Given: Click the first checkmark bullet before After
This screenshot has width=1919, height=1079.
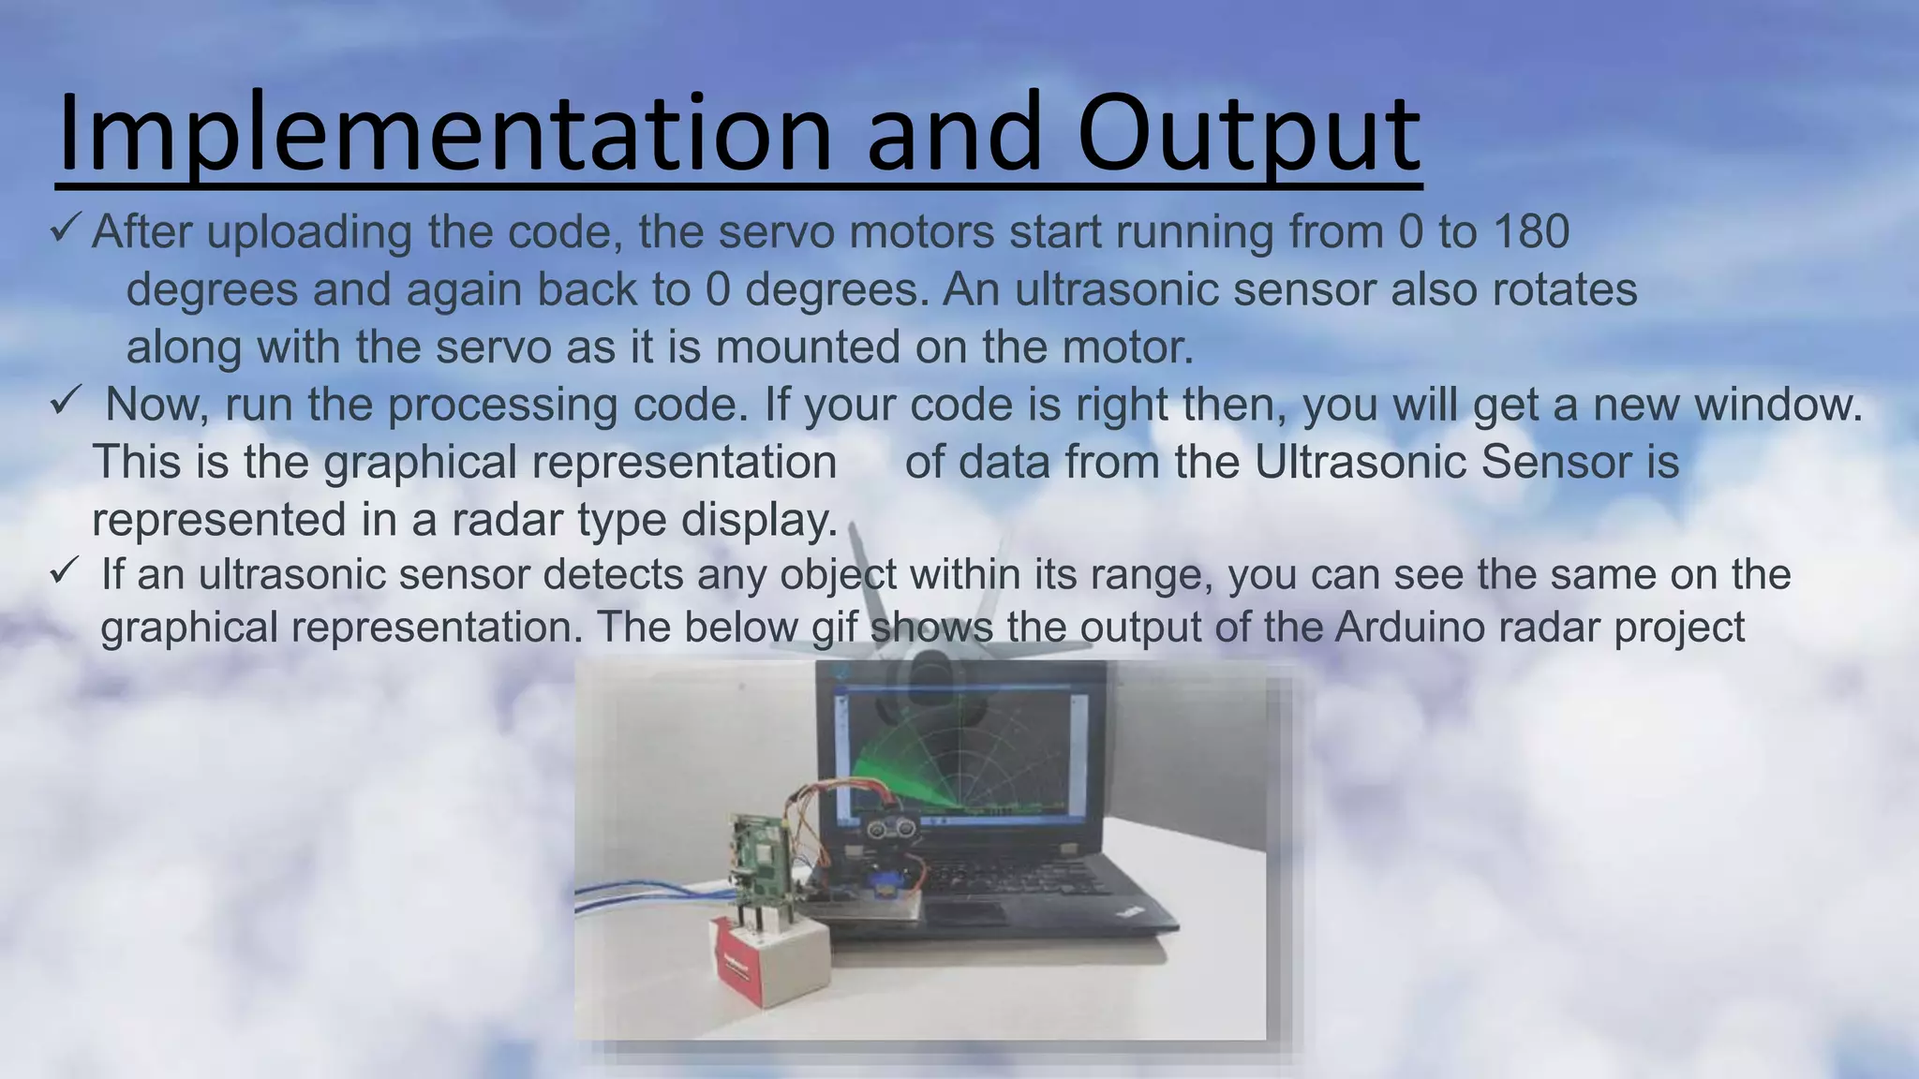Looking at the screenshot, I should point(67,228).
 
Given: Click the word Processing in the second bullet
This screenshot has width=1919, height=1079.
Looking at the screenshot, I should point(502,406).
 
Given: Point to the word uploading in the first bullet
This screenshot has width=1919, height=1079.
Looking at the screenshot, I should point(310,233).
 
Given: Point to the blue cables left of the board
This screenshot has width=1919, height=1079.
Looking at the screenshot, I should point(647,895).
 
